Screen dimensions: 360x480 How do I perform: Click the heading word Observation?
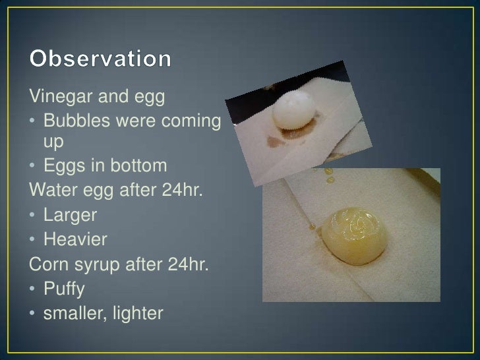[x=101, y=60]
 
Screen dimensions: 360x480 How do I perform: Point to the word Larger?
[x=71, y=215]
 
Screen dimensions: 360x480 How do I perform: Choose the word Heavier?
[x=75, y=239]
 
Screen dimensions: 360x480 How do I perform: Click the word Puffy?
[x=64, y=289]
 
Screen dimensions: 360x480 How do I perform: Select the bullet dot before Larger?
[x=34, y=216]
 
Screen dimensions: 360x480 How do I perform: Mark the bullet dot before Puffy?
[x=34, y=289]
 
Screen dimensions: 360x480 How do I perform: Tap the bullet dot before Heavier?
[x=34, y=239]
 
